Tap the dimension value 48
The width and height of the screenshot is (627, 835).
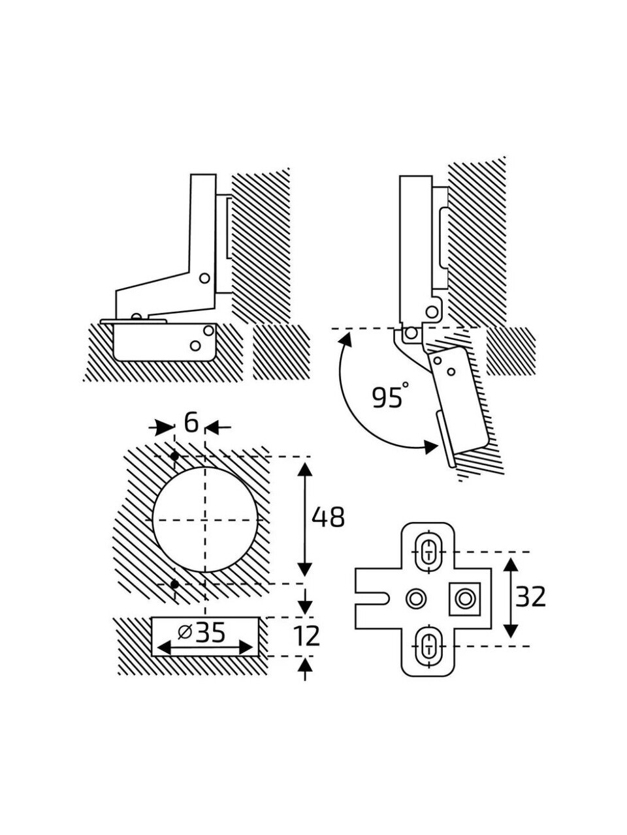coord(328,517)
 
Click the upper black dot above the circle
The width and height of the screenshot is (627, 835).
coord(175,455)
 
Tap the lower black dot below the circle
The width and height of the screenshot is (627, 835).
coord(175,594)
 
